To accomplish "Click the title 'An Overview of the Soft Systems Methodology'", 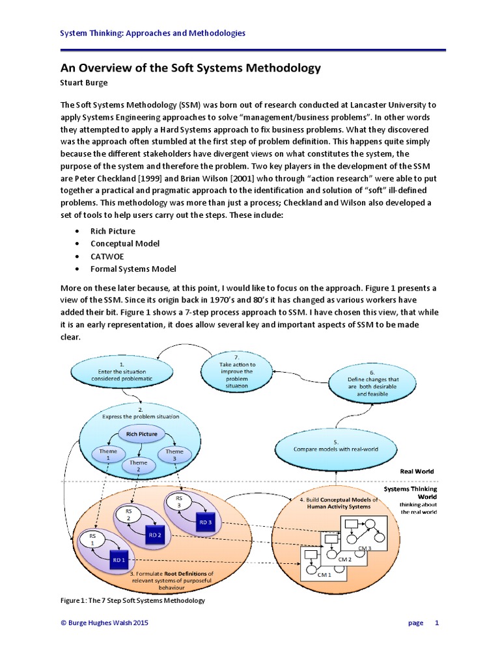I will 191,68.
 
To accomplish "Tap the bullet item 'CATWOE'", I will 107,256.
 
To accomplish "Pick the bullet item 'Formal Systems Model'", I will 133,269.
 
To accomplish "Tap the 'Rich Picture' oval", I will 142,433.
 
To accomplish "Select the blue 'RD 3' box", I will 206,522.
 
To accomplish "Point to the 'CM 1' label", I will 324,574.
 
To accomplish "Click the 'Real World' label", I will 417,471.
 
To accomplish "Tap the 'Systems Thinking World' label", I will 410,492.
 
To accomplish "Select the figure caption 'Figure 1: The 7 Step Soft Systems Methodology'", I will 133,600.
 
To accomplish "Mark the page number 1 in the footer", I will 437,622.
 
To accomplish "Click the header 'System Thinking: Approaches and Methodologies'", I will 153,33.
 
